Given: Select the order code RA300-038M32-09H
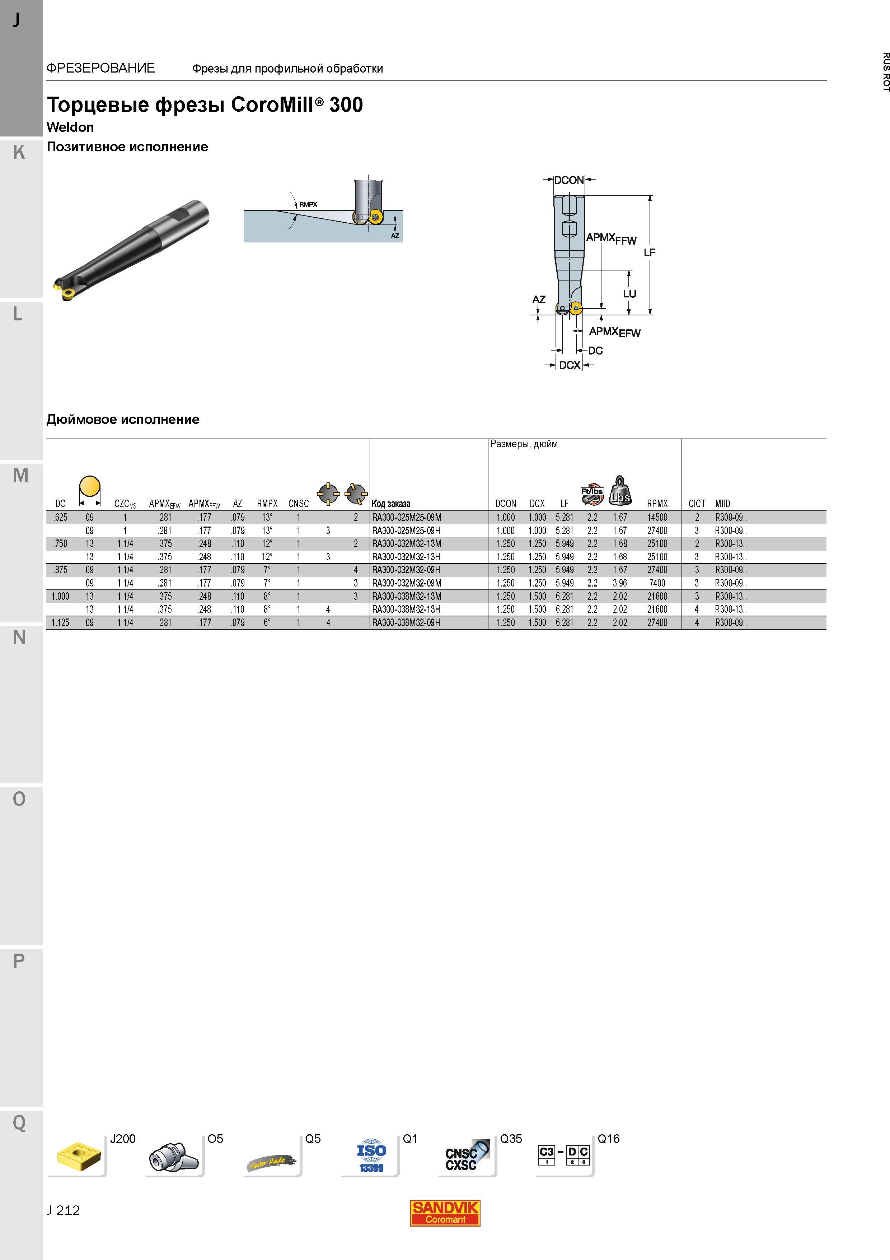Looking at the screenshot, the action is [x=406, y=623].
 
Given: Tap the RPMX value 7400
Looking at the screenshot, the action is [x=657, y=583].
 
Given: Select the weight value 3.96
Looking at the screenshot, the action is [x=620, y=583].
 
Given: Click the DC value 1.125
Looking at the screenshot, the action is [x=60, y=623].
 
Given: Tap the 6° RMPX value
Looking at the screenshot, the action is [x=267, y=623].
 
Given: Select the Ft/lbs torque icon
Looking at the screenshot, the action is [x=592, y=495].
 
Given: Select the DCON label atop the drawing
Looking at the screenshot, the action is [x=569, y=180].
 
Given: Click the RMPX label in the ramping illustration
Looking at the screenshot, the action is [x=308, y=205].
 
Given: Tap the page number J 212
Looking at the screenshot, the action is [x=64, y=1210].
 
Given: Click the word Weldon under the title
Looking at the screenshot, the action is [x=70, y=127].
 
